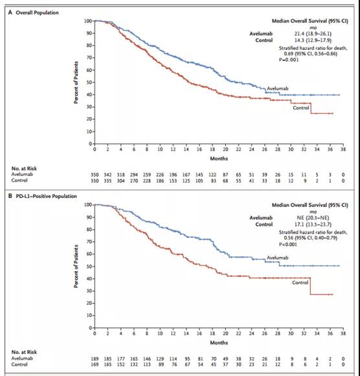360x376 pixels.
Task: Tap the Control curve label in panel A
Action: pos(301,108)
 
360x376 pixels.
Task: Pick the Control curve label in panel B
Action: pos(300,283)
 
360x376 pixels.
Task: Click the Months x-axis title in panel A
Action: pos(219,157)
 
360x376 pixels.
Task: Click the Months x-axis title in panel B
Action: pos(219,342)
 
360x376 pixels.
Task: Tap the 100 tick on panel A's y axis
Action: pos(88,21)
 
